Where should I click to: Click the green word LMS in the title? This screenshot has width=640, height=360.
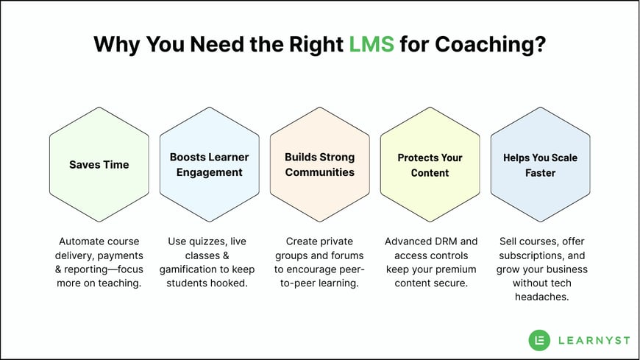(x=372, y=45)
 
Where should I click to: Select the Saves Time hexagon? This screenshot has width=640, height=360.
(x=99, y=165)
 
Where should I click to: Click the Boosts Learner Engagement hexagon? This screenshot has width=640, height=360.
(x=210, y=165)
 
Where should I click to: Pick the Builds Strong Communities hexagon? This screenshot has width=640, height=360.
(x=320, y=165)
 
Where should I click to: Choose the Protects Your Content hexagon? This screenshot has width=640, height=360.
(x=430, y=165)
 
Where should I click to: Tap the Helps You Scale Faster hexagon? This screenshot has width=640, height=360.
(x=541, y=165)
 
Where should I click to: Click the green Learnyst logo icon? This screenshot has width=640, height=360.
(x=540, y=339)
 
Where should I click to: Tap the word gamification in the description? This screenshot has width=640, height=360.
(x=189, y=269)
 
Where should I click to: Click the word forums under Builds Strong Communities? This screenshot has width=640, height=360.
(x=346, y=255)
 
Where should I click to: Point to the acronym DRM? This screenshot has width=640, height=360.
(x=450, y=241)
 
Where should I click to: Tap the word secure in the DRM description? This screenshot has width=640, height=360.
(x=451, y=283)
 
